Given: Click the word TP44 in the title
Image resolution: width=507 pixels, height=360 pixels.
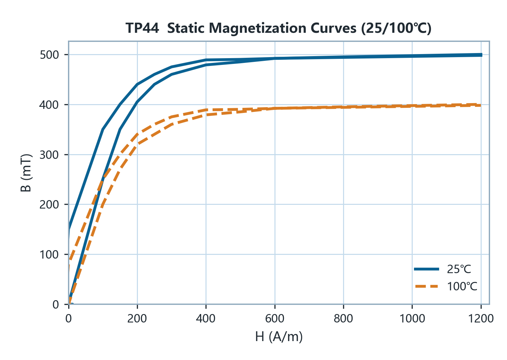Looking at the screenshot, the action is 142,28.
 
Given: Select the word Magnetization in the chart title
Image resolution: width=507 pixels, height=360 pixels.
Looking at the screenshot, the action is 258,29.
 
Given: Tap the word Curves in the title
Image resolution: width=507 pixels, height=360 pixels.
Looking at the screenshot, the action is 333,28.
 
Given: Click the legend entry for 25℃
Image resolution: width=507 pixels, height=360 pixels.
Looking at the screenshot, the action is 443,269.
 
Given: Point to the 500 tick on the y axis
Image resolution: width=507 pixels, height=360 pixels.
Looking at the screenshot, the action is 49,55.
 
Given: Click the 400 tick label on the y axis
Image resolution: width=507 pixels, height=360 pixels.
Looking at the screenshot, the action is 49,105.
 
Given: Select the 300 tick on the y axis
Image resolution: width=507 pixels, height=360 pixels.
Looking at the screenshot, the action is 49,154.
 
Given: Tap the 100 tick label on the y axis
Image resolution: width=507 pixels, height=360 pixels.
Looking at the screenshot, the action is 49,255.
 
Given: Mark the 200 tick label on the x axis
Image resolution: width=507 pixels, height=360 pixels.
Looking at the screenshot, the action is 137,319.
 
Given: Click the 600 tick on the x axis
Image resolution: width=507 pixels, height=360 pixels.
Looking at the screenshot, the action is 274,319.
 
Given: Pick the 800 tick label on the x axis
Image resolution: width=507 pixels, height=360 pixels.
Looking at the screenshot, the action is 343,319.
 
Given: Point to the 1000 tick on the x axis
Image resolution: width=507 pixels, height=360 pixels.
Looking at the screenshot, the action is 412,319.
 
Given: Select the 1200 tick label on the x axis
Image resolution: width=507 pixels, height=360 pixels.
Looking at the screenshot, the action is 481,319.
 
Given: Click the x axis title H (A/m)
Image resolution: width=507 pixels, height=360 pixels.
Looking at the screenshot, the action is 279,337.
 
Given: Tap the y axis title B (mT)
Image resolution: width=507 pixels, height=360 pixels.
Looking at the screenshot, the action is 26,173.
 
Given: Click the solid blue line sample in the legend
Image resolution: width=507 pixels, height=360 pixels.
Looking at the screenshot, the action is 427,269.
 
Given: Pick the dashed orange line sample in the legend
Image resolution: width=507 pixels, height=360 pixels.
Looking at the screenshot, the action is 427,286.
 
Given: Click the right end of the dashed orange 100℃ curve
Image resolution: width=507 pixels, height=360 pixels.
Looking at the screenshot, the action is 481,105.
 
